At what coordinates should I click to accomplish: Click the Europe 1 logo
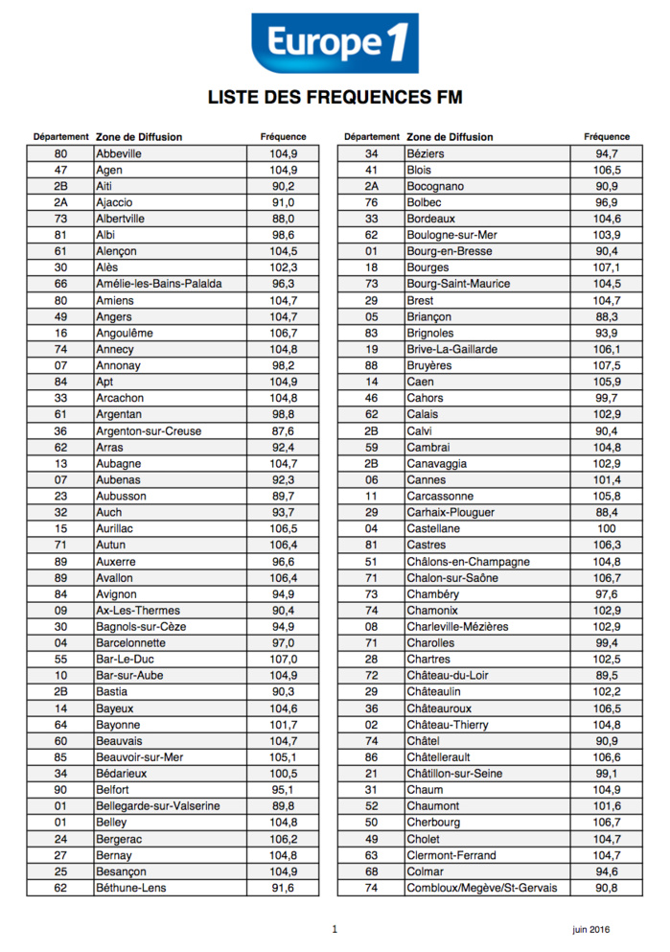335,42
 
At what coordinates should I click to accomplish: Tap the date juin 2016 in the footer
591,929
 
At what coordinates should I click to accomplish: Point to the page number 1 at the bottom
335,929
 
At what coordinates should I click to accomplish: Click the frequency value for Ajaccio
283,202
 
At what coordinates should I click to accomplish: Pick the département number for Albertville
60,219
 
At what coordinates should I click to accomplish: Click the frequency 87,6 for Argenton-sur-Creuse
283,431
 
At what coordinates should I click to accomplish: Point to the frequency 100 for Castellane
607,529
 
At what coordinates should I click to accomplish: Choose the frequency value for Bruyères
607,365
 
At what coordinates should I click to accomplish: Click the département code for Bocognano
371,186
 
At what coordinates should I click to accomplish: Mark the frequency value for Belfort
283,790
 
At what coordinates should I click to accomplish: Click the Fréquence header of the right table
607,137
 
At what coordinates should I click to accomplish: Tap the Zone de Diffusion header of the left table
139,137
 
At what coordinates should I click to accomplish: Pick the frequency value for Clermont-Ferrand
607,855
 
